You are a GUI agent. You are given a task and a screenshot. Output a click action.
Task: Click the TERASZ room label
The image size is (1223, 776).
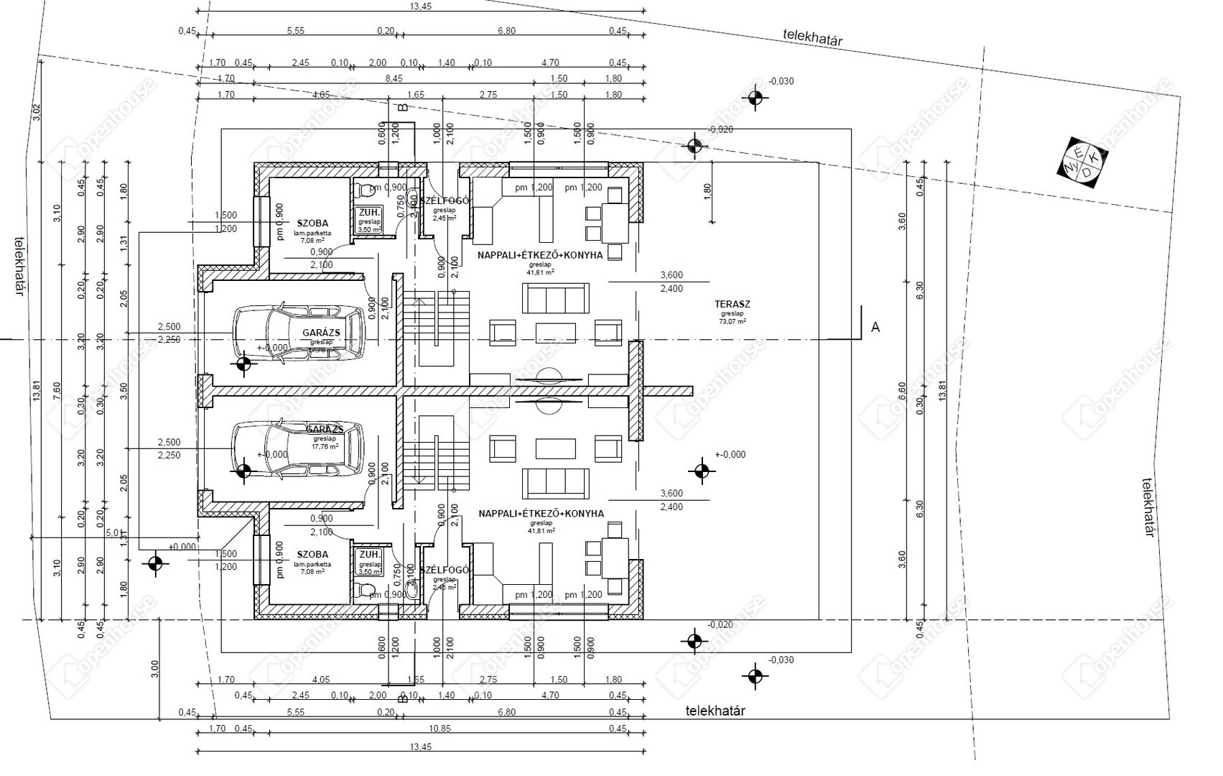733,305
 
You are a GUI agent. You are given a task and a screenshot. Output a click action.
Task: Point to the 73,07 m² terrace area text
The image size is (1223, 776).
733,322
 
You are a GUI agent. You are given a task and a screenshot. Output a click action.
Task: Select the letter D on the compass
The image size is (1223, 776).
1087,172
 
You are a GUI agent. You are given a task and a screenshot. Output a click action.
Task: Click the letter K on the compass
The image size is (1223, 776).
1094,157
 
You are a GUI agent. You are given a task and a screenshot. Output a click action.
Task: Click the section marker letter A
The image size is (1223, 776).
875,328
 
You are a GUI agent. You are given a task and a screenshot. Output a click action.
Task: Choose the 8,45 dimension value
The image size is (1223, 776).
394,78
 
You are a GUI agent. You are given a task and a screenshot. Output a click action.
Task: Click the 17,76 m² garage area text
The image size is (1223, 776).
325,446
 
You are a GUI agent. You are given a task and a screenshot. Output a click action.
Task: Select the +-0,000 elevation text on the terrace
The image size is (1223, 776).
730,454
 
